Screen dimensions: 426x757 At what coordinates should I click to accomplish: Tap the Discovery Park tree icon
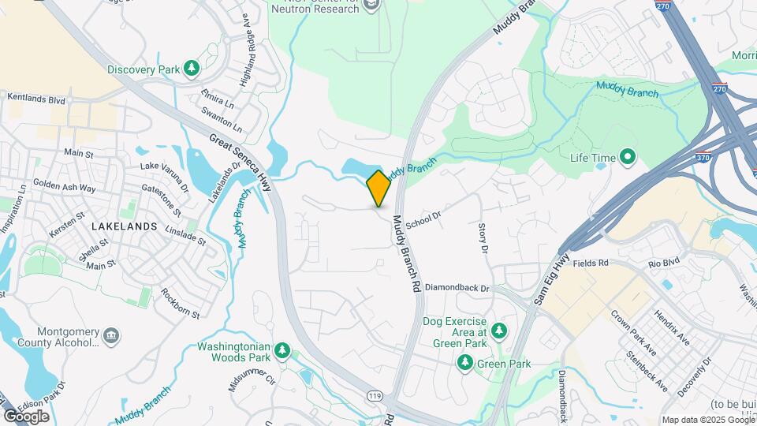(191, 69)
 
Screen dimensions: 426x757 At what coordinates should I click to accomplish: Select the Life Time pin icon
(628, 158)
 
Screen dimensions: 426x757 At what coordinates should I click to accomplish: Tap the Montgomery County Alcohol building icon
(111, 338)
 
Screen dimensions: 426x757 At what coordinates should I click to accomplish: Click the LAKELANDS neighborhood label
(124, 226)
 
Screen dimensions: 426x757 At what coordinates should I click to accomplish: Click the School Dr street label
(423, 219)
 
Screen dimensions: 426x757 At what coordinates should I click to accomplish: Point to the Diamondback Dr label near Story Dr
(457, 289)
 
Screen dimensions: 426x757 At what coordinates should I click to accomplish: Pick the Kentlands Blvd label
(35, 99)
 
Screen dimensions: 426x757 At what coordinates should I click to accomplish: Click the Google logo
(26, 416)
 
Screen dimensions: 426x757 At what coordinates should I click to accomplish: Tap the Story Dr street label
(483, 238)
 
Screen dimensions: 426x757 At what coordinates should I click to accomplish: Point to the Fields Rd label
(591, 263)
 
